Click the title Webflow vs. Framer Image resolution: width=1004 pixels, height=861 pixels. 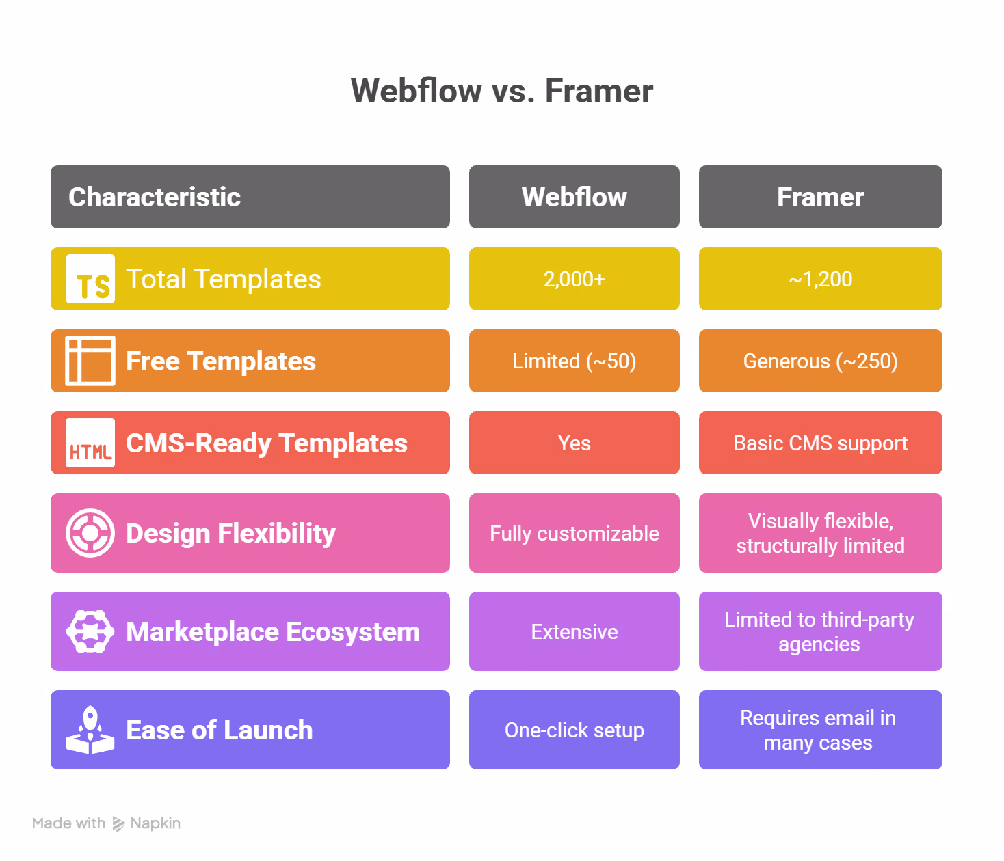click(x=502, y=91)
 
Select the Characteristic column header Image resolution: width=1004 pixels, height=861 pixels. click(x=250, y=197)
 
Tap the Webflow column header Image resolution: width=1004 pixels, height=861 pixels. click(x=574, y=197)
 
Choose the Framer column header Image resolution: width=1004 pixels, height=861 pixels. click(x=820, y=197)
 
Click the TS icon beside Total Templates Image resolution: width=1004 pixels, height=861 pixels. click(x=90, y=279)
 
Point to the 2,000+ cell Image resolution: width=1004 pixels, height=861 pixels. click(x=574, y=279)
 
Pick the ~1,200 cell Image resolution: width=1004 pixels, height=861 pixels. click(x=820, y=279)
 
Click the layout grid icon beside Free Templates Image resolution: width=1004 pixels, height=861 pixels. click(x=90, y=361)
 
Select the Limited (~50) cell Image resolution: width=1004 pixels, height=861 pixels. click(x=574, y=361)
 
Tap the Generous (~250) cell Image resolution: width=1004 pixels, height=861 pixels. click(x=820, y=361)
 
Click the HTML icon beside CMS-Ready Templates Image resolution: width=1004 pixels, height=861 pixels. click(x=90, y=443)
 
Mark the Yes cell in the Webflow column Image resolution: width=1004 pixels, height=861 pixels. click(x=574, y=443)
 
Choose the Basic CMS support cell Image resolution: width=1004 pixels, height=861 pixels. click(x=820, y=443)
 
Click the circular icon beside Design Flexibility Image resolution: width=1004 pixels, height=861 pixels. click(x=90, y=533)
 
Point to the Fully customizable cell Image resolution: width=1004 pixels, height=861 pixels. click(x=574, y=533)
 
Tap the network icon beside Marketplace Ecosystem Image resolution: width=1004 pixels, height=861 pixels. click(x=90, y=631)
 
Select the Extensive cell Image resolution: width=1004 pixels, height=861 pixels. click(x=574, y=631)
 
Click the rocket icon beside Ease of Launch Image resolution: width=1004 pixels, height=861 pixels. click(x=90, y=730)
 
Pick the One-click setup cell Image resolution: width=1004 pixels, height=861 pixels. click(x=574, y=730)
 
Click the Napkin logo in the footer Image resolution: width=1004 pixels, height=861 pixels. click(x=118, y=823)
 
